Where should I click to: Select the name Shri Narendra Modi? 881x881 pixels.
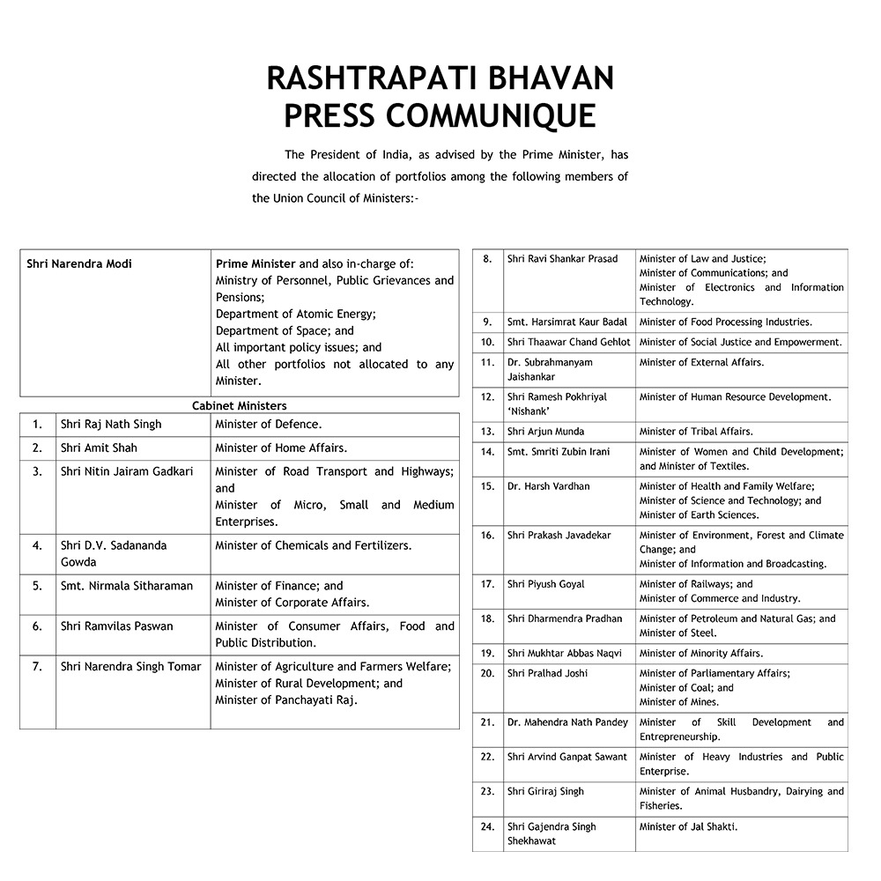click(x=79, y=263)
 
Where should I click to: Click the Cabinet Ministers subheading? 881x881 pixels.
click(x=240, y=405)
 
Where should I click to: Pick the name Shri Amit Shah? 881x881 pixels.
click(x=99, y=448)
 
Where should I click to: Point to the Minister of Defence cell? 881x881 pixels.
click(x=269, y=424)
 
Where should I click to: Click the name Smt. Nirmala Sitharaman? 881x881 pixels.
click(x=127, y=585)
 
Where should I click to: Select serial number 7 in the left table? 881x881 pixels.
click(x=37, y=666)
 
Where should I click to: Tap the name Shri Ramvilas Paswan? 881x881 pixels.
click(x=117, y=626)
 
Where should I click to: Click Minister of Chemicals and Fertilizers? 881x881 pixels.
click(x=313, y=545)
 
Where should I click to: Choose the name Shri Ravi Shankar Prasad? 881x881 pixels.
click(x=563, y=259)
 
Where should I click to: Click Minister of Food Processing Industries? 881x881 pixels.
click(x=726, y=322)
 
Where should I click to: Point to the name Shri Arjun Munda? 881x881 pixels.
click(x=545, y=432)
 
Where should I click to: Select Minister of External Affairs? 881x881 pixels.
click(x=701, y=362)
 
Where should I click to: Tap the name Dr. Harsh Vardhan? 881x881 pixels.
click(x=549, y=486)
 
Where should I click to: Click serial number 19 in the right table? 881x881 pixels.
click(x=487, y=653)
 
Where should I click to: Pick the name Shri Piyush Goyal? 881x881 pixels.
click(x=545, y=584)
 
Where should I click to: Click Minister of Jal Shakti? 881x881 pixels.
click(x=689, y=826)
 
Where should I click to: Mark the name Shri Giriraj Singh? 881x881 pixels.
click(x=545, y=791)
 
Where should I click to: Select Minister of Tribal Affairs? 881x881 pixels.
click(x=696, y=432)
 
